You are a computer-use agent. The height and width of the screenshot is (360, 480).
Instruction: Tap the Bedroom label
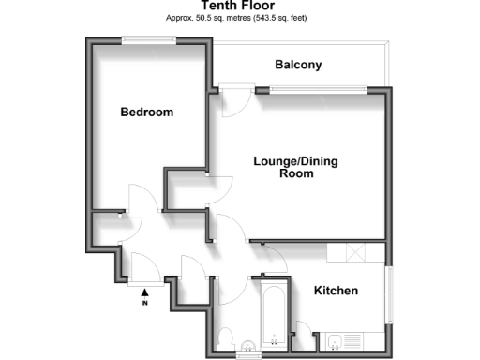(x=147, y=112)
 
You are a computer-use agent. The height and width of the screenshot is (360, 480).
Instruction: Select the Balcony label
(x=298, y=65)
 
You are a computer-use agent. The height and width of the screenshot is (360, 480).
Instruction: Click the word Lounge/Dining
(x=295, y=161)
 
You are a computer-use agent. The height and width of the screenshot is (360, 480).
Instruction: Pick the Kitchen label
(x=336, y=291)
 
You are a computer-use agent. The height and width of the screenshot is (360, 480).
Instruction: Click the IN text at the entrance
(x=144, y=304)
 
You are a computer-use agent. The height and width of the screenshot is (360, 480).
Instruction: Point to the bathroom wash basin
(x=248, y=343)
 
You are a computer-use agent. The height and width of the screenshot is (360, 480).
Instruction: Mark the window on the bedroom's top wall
(x=147, y=39)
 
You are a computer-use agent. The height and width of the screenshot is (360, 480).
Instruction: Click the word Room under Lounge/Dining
(x=296, y=174)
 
